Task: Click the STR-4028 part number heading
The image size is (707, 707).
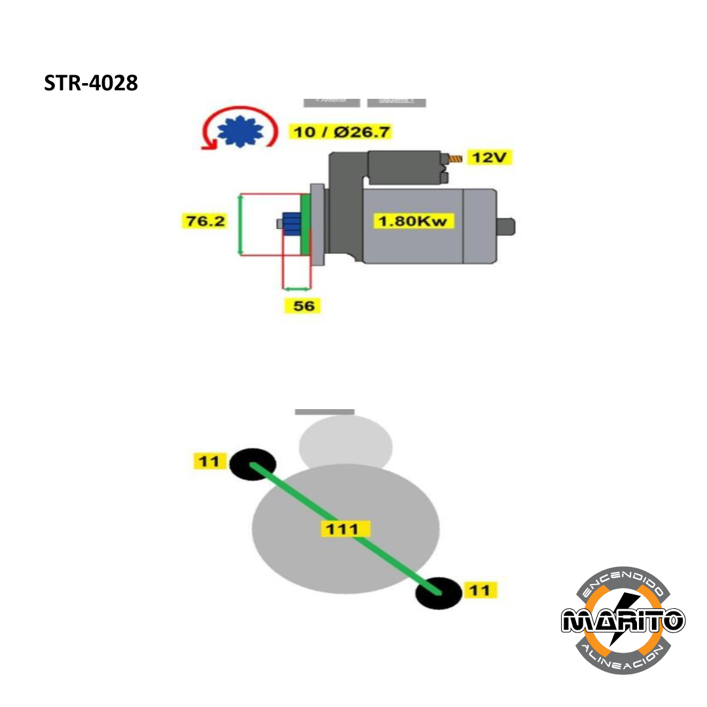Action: pyautogui.click(x=91, y=84)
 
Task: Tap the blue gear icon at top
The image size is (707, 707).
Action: pyautogui.click(x=240, y=131)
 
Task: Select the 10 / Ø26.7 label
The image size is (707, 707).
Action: pyautogui.click(x=340, y=132)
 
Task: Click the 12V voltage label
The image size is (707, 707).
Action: pyautogui.click(x=490, y=158)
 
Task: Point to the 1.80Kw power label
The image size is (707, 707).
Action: pyautogui.click(x=414, y=221)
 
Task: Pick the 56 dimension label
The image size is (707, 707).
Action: pyautogui.click(x=304, y=305)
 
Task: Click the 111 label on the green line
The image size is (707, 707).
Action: pyautogui.click(x=345, y=529)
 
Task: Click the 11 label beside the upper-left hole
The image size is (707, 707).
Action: pyautogui.click(x=209, y=462)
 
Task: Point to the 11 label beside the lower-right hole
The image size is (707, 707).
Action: pyautogui.click(x=480, y=590)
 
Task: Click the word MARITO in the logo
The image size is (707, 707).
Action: pyautogui.click(x=623, y=620)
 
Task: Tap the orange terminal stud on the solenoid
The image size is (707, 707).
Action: pyautogui.click(x=455, y=158)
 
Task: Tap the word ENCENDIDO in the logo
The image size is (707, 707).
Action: pyautogui.click(x=624, y=581)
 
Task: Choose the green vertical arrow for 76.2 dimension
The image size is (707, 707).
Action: pyautogui.click(x=240, y=225)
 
